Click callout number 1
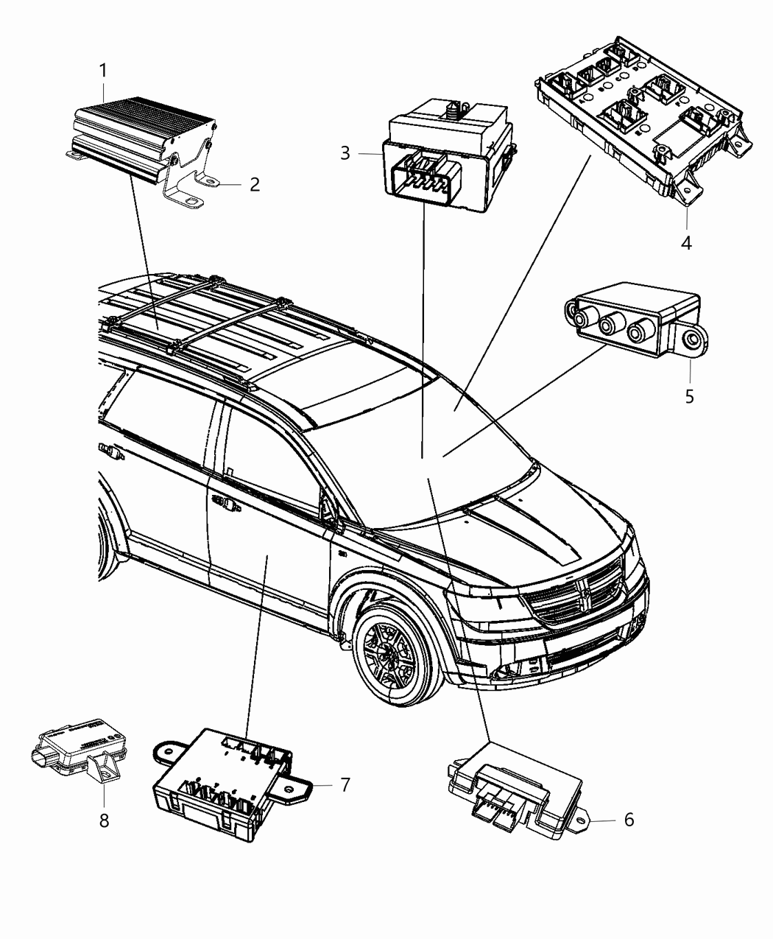coord(104,71)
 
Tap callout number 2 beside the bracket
coord(254,183)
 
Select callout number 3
coord(345,153)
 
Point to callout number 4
coord(686,242)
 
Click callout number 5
coord(690,395)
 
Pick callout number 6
coord(628,820)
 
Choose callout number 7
coord(345,785)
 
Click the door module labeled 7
coord(221,781)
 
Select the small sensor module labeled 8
coord(74,744)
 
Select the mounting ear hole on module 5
coord(692,340)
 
